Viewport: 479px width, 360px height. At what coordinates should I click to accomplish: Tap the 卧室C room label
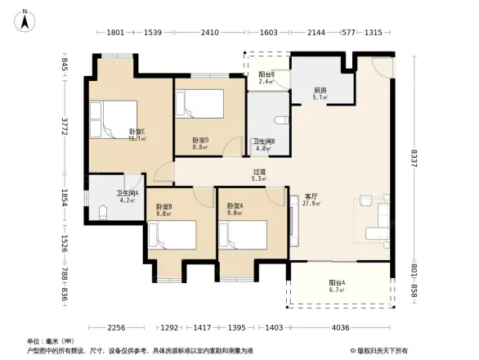click(x=137, y=134)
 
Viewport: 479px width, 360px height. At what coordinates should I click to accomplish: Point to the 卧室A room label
click(x=235, y=209)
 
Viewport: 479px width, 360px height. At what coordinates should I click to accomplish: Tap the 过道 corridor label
click(x=258, y=174)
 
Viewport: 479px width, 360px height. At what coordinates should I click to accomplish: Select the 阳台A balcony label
click(x=337, y=285)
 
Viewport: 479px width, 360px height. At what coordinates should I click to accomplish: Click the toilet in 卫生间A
click(x=102, y=214)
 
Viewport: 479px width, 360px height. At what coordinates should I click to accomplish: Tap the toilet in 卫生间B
click(x=282, y=121)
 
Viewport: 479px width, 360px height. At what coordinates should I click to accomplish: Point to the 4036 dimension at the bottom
click(x=341, y=328)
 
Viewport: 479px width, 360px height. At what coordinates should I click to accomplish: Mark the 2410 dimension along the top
click(x=210, y=33)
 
